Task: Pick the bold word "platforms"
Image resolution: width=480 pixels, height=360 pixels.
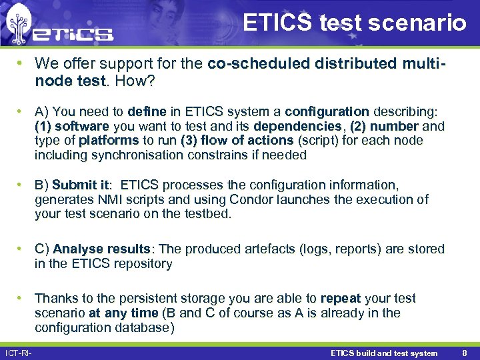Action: pos(109,141)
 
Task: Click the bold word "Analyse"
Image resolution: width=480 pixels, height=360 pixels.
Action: pos(79,249)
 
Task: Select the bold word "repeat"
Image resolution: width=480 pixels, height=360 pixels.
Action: pos(341,298)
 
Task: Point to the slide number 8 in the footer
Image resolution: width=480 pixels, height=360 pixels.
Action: pos(464,353)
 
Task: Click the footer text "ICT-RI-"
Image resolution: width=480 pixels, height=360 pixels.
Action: pos(18,353)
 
